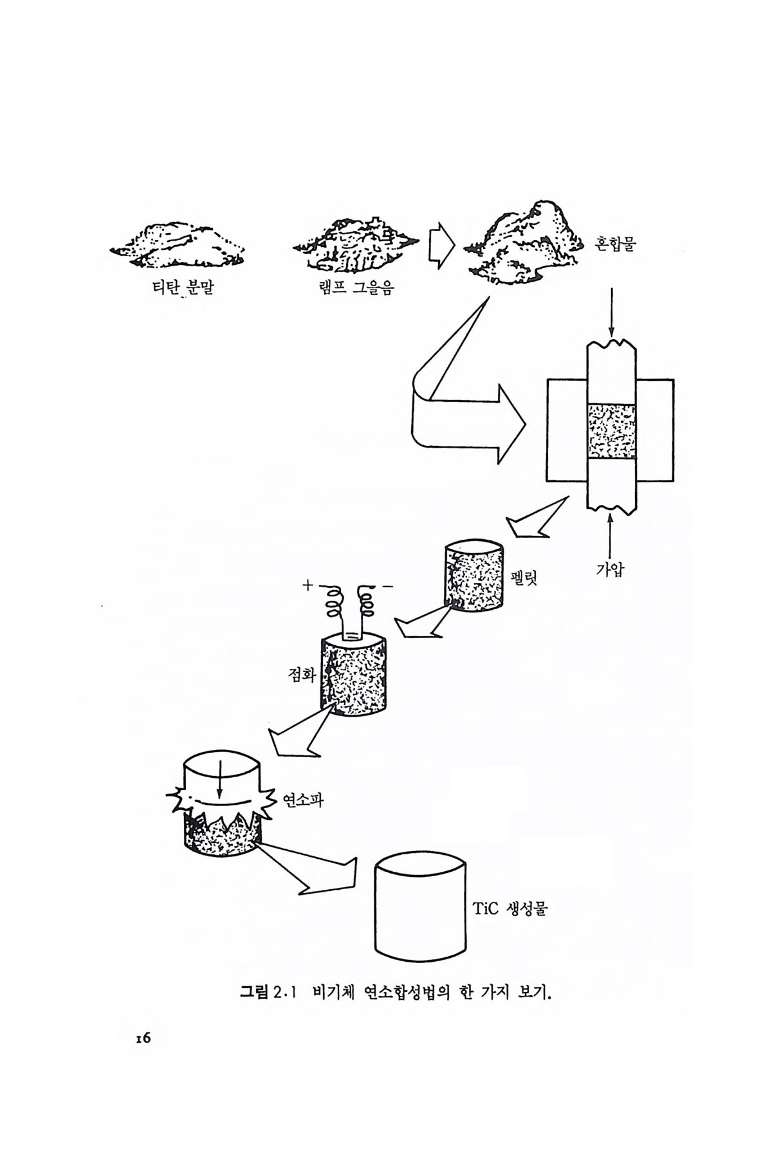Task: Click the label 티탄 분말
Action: point(181,286)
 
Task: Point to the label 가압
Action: point(609,569)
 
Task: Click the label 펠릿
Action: point(522,576)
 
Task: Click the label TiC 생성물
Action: point(510,909)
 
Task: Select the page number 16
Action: point(143,1038)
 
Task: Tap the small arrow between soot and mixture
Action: point(441,244)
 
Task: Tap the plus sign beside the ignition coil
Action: point(307,585)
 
